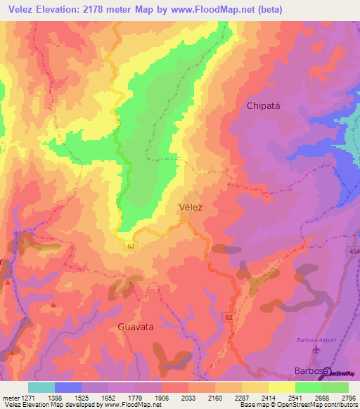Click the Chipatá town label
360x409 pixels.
(262, 106)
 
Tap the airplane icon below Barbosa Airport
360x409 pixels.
(316, 349)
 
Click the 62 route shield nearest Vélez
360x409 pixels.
(131, 246)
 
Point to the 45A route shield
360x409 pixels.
(353, 250)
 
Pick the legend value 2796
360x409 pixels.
(349, 398)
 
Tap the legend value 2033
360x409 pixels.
(188, 398)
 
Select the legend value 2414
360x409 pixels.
(269, 398)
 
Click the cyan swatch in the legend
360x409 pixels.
(41, 387)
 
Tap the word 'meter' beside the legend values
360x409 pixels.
(10, 398)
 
